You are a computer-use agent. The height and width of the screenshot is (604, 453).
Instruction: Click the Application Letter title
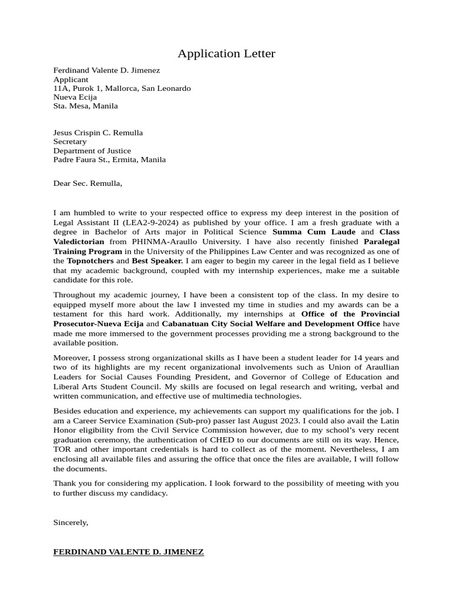226,54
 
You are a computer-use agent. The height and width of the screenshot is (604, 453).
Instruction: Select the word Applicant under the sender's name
71,79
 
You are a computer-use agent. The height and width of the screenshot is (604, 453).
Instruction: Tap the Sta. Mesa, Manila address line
86,106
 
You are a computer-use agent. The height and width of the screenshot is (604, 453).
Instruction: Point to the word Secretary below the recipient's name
70,142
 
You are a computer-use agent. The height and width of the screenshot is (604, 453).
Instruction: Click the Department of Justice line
92,150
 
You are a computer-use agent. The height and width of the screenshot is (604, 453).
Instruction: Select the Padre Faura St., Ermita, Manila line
109,159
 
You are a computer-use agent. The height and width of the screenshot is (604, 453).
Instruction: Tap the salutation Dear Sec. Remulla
87,183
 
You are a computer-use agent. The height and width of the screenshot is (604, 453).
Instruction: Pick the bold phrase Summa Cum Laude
314,232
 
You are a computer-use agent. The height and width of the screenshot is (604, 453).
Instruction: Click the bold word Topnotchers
90,260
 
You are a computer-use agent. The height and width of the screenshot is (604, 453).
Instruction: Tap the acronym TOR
61,449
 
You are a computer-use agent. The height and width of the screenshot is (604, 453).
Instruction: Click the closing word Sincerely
71,522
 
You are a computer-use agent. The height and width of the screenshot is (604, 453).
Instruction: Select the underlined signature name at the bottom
129,552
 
